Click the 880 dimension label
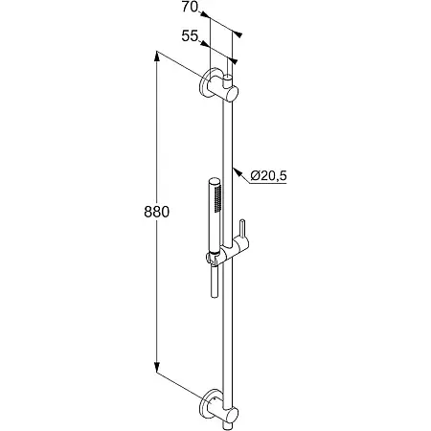(x=156, y=212)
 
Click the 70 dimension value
(x=190, y=7)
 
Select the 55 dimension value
(x=190, y=36)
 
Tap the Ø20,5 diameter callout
(x=268, y=175)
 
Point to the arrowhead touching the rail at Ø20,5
(x=237, y=171)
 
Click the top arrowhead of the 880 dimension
(x=157, y=56)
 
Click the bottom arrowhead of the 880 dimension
(x=156, y=368)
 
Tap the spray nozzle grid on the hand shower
(x=218, y=198)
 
